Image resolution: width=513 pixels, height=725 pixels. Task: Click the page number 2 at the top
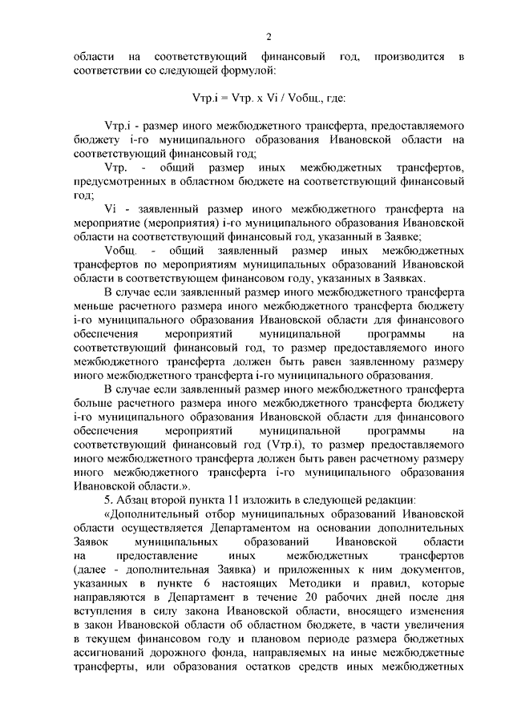[x=270, y=37]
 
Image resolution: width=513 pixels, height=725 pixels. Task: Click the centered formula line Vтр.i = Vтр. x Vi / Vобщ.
[x=269, y=99]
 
